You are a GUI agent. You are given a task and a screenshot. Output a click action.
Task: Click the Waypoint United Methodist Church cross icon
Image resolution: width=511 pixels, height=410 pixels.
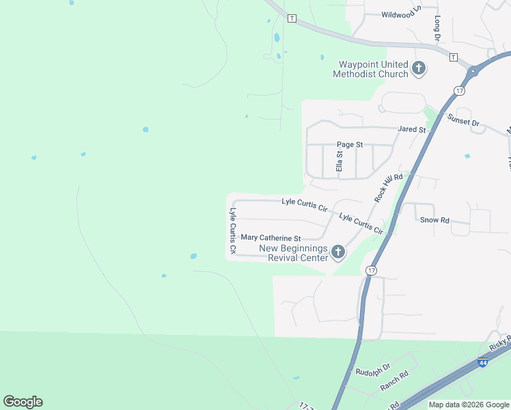coord(419,68)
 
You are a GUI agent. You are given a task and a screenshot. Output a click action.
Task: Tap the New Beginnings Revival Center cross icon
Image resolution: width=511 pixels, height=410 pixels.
coord(337,253)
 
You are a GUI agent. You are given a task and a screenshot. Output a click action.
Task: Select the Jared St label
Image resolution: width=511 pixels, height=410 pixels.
coord(412,129)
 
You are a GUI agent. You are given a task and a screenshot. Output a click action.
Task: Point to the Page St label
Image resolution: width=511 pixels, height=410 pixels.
coord(350,145)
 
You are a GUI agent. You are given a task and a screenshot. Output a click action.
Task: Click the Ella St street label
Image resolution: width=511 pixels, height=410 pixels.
coord(338,162)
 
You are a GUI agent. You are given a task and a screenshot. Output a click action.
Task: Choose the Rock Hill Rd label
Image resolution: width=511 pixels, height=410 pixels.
coord(389,187)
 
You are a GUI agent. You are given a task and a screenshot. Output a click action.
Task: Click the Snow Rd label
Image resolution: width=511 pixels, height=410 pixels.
coord(434,220)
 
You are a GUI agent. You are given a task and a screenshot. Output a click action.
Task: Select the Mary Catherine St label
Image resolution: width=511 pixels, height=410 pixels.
coord(271,238)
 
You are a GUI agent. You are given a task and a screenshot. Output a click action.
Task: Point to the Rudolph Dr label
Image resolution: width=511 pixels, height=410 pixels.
coord(372,372)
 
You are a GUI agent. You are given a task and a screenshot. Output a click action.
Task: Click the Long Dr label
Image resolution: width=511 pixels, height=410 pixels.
coord(437,27)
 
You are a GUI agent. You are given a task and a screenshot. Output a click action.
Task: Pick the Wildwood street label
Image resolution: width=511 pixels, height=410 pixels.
coord(399,14)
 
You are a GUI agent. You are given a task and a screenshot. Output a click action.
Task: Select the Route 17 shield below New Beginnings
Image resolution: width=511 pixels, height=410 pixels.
coord(371,271)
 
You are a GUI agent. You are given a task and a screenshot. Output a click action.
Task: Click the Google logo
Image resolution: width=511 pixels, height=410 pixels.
coord(23,402)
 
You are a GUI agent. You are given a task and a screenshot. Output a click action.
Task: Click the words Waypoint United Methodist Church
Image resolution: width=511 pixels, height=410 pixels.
coord(370,69)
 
